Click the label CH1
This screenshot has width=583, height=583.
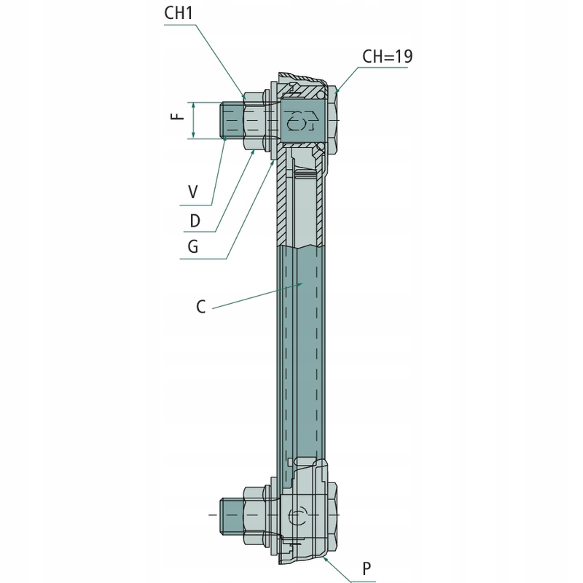coord(179,13)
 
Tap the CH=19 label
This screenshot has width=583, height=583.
coord(388,57)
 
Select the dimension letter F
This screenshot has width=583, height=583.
coord(178,116)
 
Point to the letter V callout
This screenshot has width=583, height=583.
coord(193,192)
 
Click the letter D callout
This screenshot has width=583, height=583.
coord(195,221)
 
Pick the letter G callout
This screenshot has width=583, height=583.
coord(193,246)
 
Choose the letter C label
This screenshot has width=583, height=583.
coord(201,307)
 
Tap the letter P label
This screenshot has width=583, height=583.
coord(367,568)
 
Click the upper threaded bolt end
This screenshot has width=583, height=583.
coord(232,121)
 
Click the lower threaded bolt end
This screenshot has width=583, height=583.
coord(232,516)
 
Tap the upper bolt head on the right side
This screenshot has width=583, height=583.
coord(333,121)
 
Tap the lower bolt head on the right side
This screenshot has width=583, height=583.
coord(333,515)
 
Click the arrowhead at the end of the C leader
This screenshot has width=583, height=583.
coord(301,284)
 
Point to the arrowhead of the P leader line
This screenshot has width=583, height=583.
coord(326,557)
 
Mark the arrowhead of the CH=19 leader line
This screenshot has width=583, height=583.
coord(337,90)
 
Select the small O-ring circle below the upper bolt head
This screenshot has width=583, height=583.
coord(320,148)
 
